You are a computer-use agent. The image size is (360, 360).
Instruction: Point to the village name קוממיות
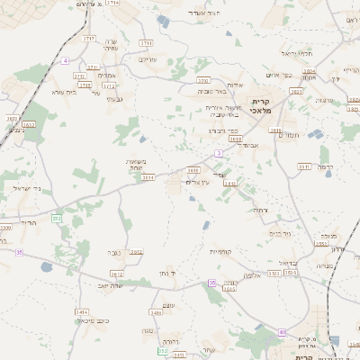[221, 251]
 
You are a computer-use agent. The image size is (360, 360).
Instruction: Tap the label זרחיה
[260, 210]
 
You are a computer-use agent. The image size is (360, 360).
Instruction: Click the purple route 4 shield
[66, 60]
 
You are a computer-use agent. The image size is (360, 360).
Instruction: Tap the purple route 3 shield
[219, 154]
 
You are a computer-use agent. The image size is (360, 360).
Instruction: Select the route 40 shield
[282, 332]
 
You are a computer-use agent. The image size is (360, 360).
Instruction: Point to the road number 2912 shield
[136, 252]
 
